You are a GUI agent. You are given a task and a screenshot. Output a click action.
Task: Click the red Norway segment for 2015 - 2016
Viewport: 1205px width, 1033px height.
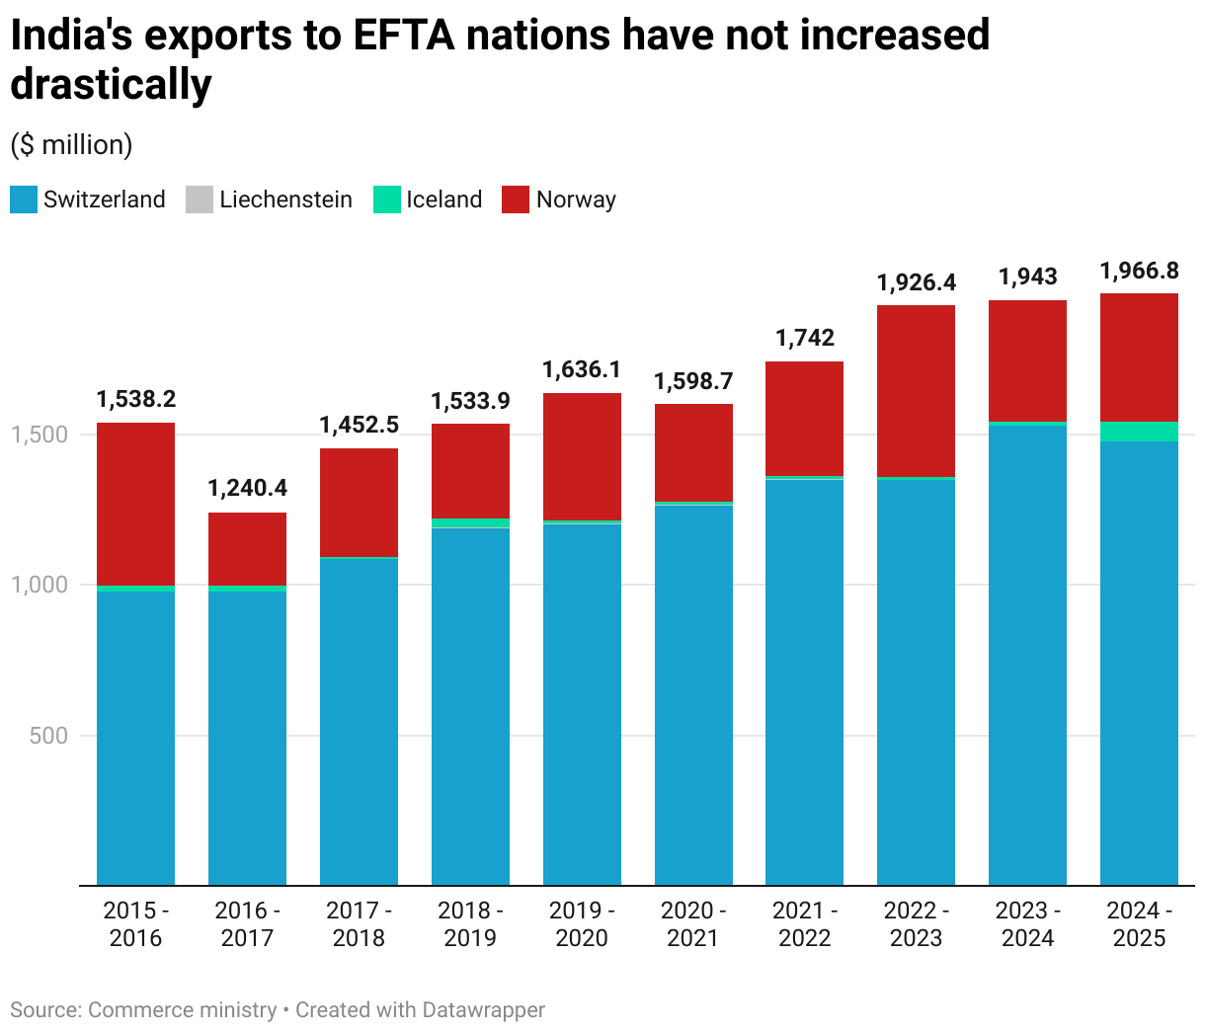pyautogui.click(x=135, y=504)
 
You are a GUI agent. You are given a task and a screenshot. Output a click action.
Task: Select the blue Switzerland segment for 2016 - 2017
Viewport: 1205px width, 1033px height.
pyautogui.click(x=247, y=737)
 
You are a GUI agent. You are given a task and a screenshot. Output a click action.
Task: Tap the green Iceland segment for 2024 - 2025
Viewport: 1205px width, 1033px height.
pyautogui.click(x=1139, y=432)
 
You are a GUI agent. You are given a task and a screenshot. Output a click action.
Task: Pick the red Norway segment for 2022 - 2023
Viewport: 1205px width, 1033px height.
pyautogui.click(x=916, y=391)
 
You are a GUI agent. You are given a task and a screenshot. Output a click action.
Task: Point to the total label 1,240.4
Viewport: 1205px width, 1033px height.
pyautogui.click(x=247, y=488)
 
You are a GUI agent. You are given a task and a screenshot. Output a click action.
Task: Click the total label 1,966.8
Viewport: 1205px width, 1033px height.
pyautogui.click(x=1139, y=271)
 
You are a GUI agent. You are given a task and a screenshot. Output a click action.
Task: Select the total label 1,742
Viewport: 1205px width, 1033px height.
pyautogui.click(x=804, y=338)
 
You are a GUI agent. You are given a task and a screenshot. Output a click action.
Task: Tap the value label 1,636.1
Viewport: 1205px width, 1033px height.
pyautogui.click(x=582, y=369)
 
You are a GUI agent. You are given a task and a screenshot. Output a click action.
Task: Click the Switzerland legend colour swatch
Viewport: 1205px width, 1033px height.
pyautogui.click(x=24, y=199)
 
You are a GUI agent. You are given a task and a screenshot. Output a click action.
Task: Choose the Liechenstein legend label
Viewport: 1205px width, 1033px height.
pyautogui.click(x=285, y=199)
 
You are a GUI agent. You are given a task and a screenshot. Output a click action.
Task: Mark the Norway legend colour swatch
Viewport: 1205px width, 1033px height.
pyautogui.click(x=516, y=199)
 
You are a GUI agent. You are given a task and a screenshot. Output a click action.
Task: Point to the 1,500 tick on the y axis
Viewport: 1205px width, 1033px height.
pyautogui.click(x=40, y=435)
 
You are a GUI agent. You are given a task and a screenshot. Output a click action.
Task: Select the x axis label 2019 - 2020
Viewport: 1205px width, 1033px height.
pyautogui.click(x=582, y=924)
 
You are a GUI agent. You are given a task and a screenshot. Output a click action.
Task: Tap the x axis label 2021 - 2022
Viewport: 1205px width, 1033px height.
pyautogui.click(x=804, y=924)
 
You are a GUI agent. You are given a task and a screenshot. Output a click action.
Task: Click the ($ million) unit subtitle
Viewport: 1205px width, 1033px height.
pyautogui.click(x=71, y=145)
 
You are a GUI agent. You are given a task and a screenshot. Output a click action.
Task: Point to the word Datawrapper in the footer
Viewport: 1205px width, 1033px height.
pyautogui.click(x=483, y=1010)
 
